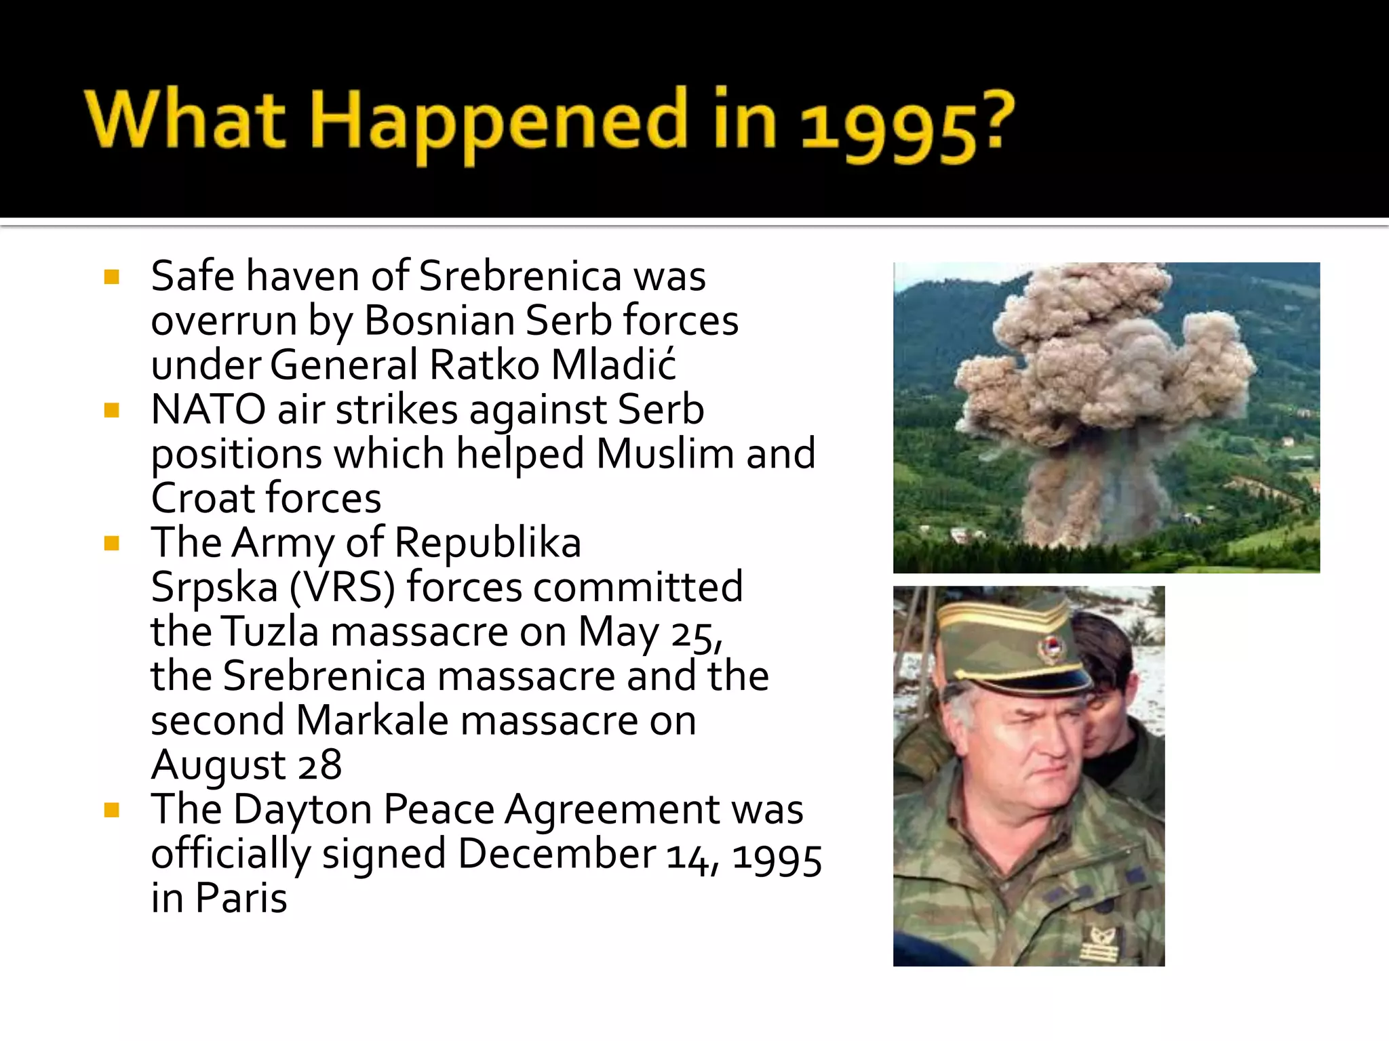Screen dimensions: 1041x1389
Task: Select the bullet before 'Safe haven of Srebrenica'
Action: click(x=112, y=277)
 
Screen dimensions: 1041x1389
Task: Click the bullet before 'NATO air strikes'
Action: click(x=112, y=410)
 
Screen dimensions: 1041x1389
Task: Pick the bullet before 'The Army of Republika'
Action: click(x=112, y=543)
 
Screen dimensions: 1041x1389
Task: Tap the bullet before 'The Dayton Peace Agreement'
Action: click(x=112, y=810)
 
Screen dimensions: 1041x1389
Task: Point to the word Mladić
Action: click(x=613, y=365)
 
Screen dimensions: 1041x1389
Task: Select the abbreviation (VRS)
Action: click(x=342, y=587)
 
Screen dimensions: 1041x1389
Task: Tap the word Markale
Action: click(x=372, y=720)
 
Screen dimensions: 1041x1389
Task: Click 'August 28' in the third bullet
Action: click(x=246, y=765)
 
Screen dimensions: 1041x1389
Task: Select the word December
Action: click(x=557, y=854)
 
